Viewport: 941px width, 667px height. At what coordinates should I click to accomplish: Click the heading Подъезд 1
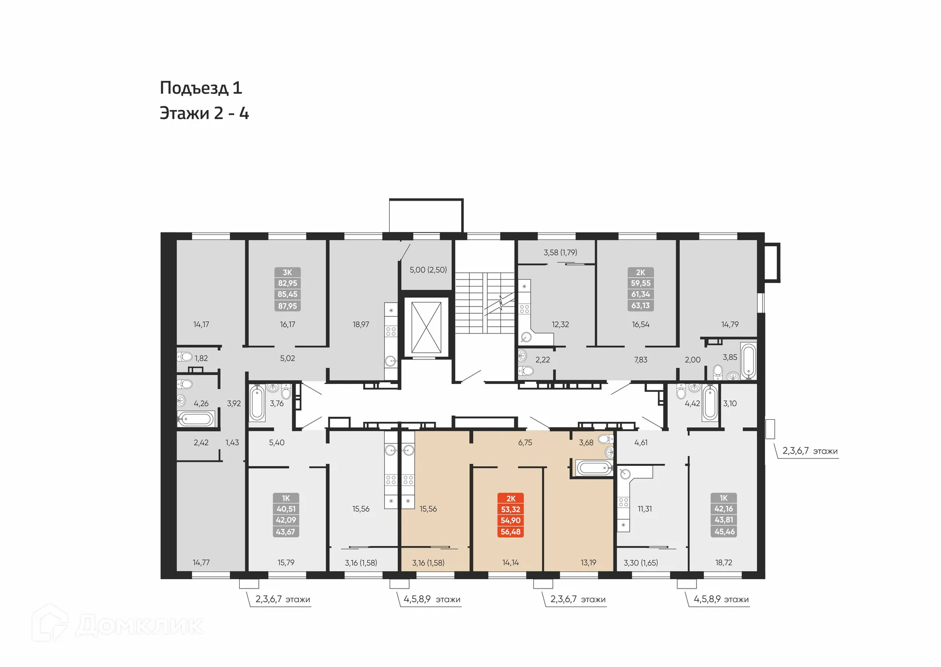tap(201, 88)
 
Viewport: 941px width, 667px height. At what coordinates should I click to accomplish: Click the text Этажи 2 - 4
tap(204, 113)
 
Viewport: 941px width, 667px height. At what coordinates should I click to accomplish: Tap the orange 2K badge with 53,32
tap(511, 515)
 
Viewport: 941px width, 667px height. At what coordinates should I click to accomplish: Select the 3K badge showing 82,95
tap(287, 289)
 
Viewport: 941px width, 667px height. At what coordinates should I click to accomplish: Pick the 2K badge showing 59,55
tap(641, 289)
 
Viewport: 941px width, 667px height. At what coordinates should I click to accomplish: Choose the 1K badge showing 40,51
tap(286, 515)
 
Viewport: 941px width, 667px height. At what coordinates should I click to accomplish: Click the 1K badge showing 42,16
tap(724, 515)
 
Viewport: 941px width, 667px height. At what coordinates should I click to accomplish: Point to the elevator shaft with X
tap(426, 328)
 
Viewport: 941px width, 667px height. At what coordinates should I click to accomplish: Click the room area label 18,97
tap(361, 324)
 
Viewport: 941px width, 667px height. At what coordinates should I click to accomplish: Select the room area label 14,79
tap(730, 324)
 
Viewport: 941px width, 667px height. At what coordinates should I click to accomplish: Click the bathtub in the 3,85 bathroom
tap(748, 361)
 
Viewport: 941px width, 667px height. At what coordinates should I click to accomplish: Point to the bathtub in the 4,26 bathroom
tap(196, 419)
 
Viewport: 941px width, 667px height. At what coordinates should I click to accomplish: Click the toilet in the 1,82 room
tap(185, 357)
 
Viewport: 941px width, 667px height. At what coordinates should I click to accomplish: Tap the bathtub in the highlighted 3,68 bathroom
tap(594, 467)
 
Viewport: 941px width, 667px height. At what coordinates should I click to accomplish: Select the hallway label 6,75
tap(525, 442)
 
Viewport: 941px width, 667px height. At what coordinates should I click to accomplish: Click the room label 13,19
tap(588, 563)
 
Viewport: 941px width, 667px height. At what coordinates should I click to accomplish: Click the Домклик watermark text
tap(140, 626)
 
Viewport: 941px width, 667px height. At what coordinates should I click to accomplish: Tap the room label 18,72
tap(723, 563)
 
